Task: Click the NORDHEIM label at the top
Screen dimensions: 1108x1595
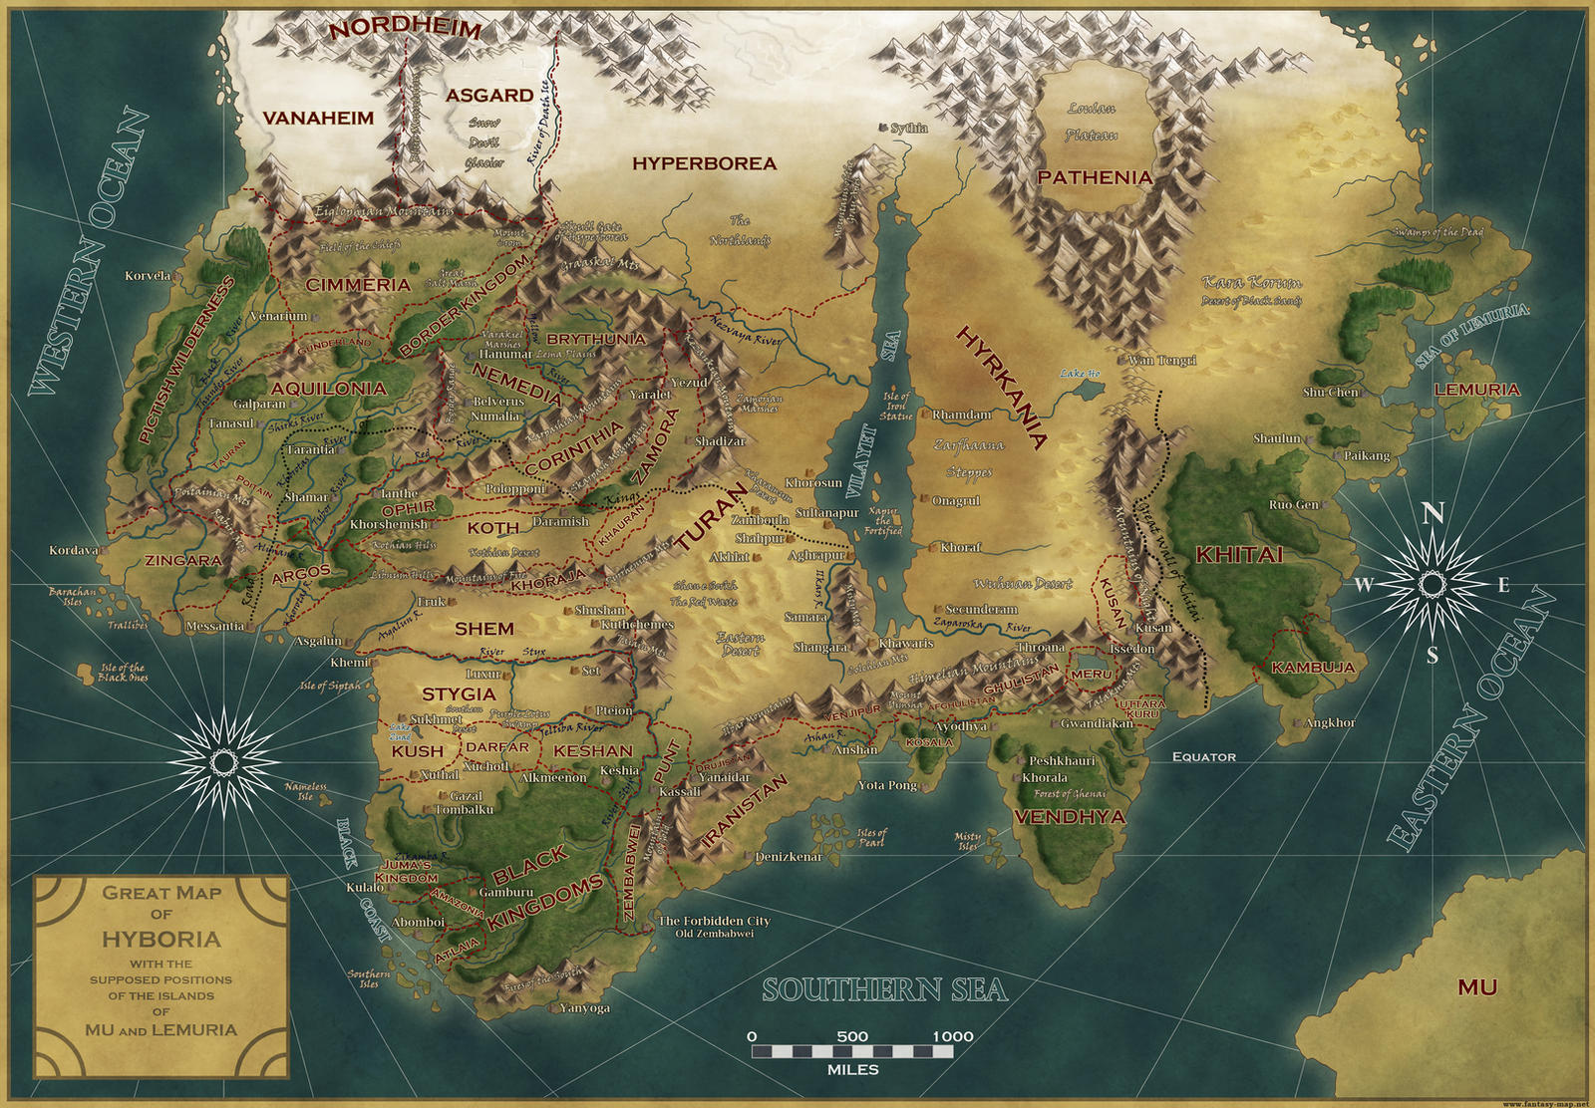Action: coord(405,29)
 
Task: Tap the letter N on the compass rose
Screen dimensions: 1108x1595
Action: coord(1433,513)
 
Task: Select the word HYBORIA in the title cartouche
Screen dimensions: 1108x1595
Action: coord(161,939)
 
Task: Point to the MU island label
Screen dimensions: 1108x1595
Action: coord(1476,987)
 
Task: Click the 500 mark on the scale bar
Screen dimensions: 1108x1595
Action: coord(852,1036)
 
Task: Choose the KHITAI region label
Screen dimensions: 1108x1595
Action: coord(1239,555)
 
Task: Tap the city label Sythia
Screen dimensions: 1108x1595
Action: coord(908,128)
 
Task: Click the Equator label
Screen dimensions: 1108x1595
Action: coord(1203,757)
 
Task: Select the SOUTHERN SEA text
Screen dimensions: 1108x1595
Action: coord(884,989)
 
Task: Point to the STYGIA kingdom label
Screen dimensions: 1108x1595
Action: coord(458,693)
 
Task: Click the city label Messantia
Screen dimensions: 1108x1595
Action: coord(214,627)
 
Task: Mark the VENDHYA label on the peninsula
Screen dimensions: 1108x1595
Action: coord(1070,817)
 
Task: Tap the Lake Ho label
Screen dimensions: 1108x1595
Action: coord(1080,374)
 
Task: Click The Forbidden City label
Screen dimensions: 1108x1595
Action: coord(714,921)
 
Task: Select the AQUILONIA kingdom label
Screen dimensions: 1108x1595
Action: coord(328,388)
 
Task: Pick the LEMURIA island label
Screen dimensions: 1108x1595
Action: coord(1476,390)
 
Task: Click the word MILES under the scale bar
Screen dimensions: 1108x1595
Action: coord(852,1070)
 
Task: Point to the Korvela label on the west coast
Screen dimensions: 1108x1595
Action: coord(148,276)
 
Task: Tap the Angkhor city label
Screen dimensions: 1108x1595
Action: coord(1330,722)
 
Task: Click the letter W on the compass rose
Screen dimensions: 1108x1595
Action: coord(1363,586)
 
